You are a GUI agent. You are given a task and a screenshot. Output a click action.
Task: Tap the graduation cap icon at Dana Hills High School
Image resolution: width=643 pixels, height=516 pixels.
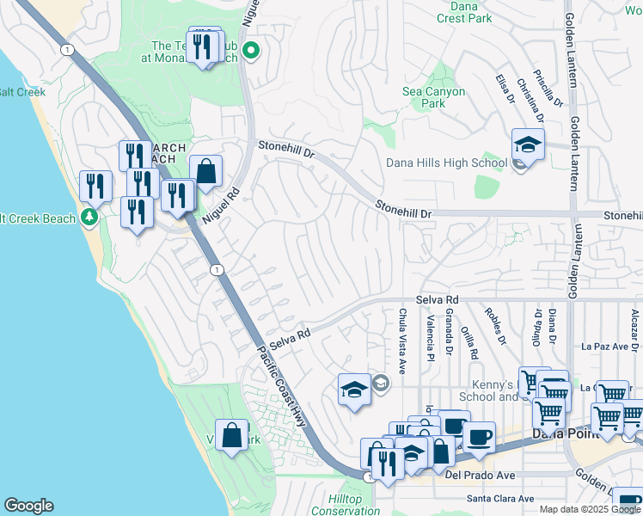pyautogui.click(x=528, y=144)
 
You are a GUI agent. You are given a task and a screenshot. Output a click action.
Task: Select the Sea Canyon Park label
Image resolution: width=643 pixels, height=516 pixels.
pyautogui.click(x=434, y=97)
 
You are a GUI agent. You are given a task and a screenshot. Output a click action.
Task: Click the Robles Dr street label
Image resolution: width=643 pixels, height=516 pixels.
pyautogui.click(x=495, y=326)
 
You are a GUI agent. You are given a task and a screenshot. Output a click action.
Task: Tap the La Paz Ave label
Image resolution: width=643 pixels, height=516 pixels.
pyautogui.click(x=598, y=347)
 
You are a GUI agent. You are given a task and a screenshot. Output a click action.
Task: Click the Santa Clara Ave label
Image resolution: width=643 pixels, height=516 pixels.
pyautogui.click(x=499, y=498)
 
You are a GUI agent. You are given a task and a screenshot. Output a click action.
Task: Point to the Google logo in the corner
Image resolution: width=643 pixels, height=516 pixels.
pyautogui.click(x=28, y=506)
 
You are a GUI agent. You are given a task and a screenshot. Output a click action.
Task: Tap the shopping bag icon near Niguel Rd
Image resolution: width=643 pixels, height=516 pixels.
pyautogui.click(x=206, y=171)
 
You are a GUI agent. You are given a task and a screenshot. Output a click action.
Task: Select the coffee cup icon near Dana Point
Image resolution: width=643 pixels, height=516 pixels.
pyautogui.click(x=478, y=436)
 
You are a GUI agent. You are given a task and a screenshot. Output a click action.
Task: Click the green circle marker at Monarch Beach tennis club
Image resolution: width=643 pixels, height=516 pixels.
pyautogui.click(x=251, y=51)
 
